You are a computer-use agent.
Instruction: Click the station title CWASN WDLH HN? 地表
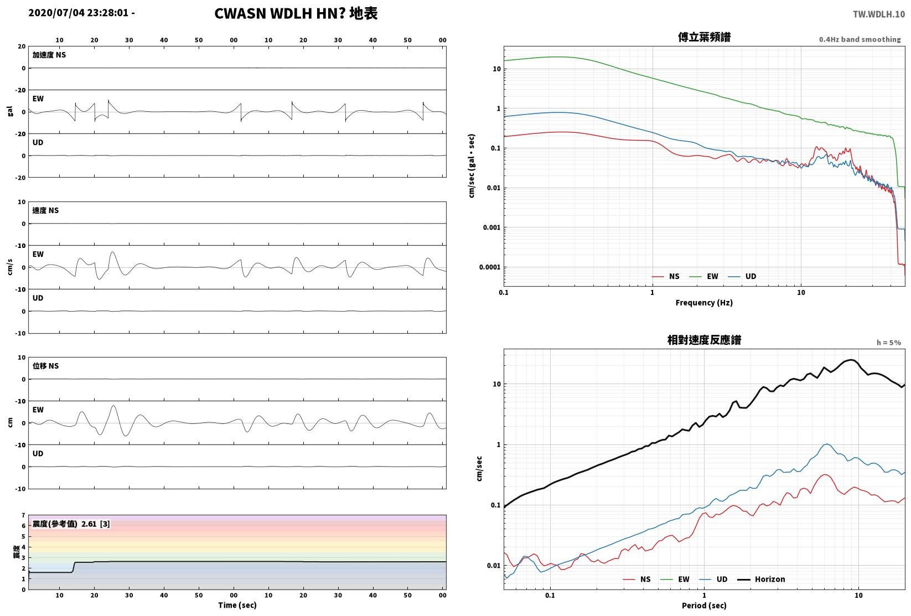[296, 13]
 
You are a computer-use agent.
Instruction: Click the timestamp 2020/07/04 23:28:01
[79, 13]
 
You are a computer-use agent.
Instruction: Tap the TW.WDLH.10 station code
[879, 14]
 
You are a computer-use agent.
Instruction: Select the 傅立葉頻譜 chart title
[704, 37]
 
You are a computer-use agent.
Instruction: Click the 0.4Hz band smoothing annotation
[860, 39]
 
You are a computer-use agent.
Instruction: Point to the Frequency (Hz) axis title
[704, 303]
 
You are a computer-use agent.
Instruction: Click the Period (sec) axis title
[704, 605]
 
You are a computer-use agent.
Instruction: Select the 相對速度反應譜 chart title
[704, 340]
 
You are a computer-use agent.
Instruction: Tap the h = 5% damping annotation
[889, 343]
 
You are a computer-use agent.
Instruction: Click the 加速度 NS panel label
[49, 55]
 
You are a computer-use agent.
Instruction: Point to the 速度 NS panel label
[45, 211]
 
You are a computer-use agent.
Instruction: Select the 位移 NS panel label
[45, 366]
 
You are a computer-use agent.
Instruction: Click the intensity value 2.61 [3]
[96, 524]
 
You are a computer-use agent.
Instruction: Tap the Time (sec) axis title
[237, 605]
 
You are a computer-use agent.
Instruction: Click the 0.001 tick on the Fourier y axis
[491, 227]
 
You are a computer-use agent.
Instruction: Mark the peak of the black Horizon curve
[851, 360]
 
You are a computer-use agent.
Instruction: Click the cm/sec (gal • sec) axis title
[472, 166]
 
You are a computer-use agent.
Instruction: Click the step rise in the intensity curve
[74, 567]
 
